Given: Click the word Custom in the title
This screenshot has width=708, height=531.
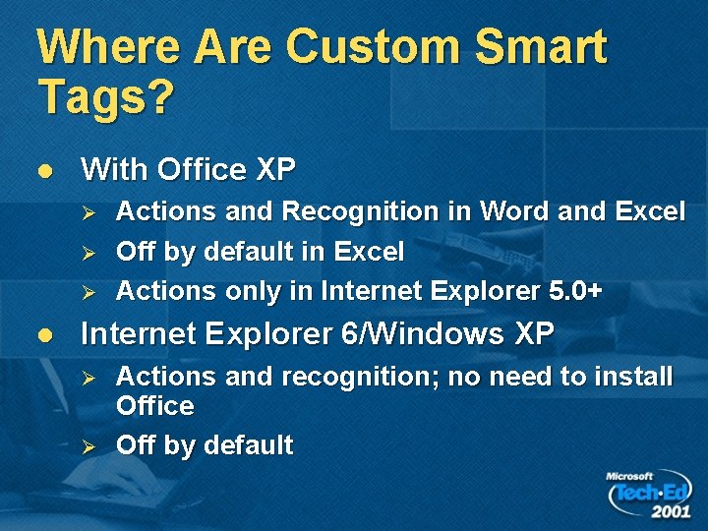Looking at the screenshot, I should point(378,47).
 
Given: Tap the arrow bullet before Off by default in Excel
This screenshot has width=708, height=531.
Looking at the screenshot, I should point(87,253).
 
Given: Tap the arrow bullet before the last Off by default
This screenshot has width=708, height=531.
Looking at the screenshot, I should point(87,446).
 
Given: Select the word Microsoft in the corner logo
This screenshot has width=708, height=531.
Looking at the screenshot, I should point(629,477).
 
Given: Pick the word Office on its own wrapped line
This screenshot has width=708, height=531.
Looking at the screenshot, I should point(154,406).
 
